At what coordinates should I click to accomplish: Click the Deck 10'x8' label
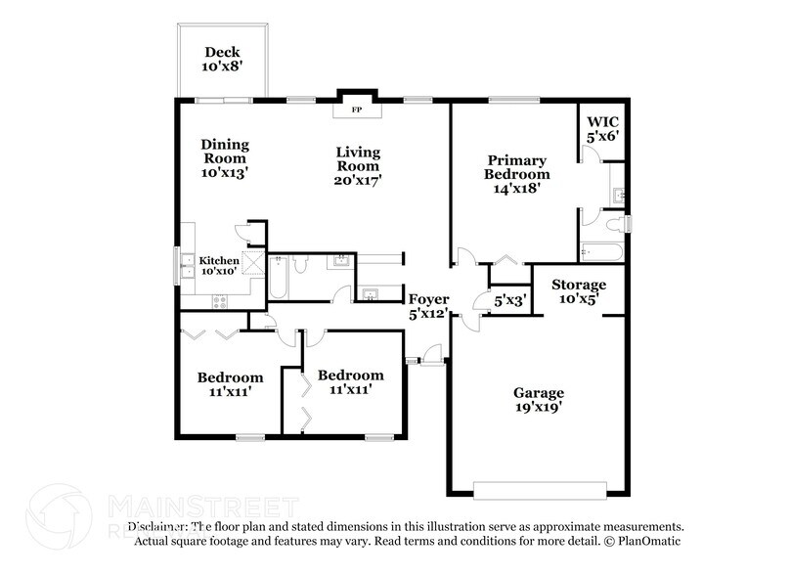tap(222, 60)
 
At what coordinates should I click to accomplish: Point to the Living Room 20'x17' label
tap(358, 165)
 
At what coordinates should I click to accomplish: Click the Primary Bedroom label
tap(517, 173)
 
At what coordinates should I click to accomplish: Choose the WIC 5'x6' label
tap(603, 130)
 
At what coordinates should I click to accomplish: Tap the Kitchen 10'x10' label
tap(219, 267)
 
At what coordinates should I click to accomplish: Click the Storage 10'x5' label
tap(579, 291)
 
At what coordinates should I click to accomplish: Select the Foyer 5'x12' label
tap(427, 306)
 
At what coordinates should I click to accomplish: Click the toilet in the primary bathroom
tap(614, 224)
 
